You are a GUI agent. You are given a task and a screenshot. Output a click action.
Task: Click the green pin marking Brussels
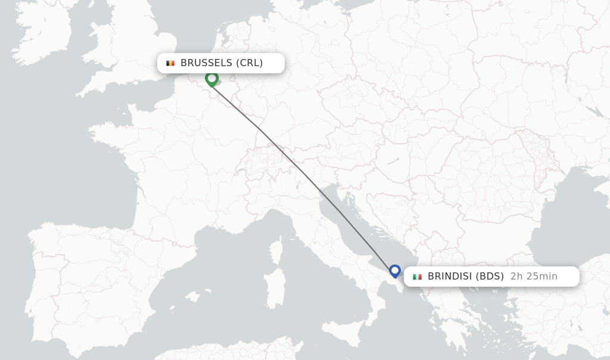pyautogui.click(x=211, y=79)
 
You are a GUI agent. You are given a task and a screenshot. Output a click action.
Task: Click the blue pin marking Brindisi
pyautogui.click(x=394, y=271)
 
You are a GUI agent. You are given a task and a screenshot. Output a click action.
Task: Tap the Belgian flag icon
pyautogui.click(x=170, y=63)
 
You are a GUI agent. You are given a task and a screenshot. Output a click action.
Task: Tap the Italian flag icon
pyautogui.click(x=417, y=277)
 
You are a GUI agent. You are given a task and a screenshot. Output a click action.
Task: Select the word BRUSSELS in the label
pyautogui.click(x=206, y=63)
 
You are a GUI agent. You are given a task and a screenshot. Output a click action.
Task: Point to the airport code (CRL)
pyautogui.click(x=250, y=63)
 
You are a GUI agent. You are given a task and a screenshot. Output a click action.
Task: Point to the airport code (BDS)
pyautogui.click(x=490, y=277)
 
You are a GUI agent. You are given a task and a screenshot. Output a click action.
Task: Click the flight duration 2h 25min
pyautogui.click(x=534, y=277)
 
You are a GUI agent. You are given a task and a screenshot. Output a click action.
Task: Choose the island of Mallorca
pyautogui.click(x=192, y=296)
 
